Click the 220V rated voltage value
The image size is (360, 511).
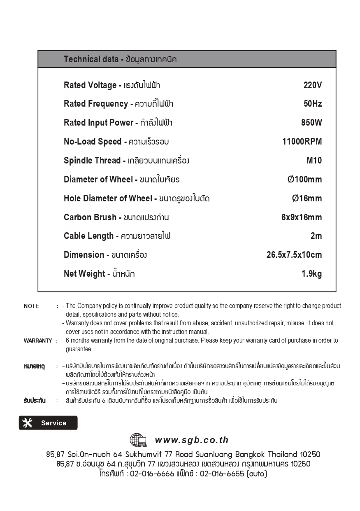pyautogui.click(x=312, y=85)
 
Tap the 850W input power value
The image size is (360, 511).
pyautogui.click(x=311, y=123)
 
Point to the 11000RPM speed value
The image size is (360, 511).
pyautogui.click(x=302, y=142)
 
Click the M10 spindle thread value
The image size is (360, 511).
pyautogui.click(x=314, y=161)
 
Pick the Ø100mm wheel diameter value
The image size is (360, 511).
pyautogui.click(x=304, y=180)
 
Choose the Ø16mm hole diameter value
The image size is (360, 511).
pyautogui.click(x=307, y=198)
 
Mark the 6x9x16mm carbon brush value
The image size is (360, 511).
pyautogui.click(x=302, y=217)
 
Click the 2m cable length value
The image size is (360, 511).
pyautogui.click(x=316, y=236)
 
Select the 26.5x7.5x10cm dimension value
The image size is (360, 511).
pyautogui.click(x=294, y=255)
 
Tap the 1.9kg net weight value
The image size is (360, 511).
pyautogui.click(x=311, y=274)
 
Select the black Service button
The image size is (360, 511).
pyautogui.click(x=48, y=423)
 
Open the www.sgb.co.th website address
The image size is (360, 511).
pyautogui.click(x=192, y=440)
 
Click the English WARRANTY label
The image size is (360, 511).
pyautogui.click(x=38, y=341)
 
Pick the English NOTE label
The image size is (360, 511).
pyautogui.click(x=31, y=306)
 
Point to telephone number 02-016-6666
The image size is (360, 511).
pyautogui.click(x=152, y=474)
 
